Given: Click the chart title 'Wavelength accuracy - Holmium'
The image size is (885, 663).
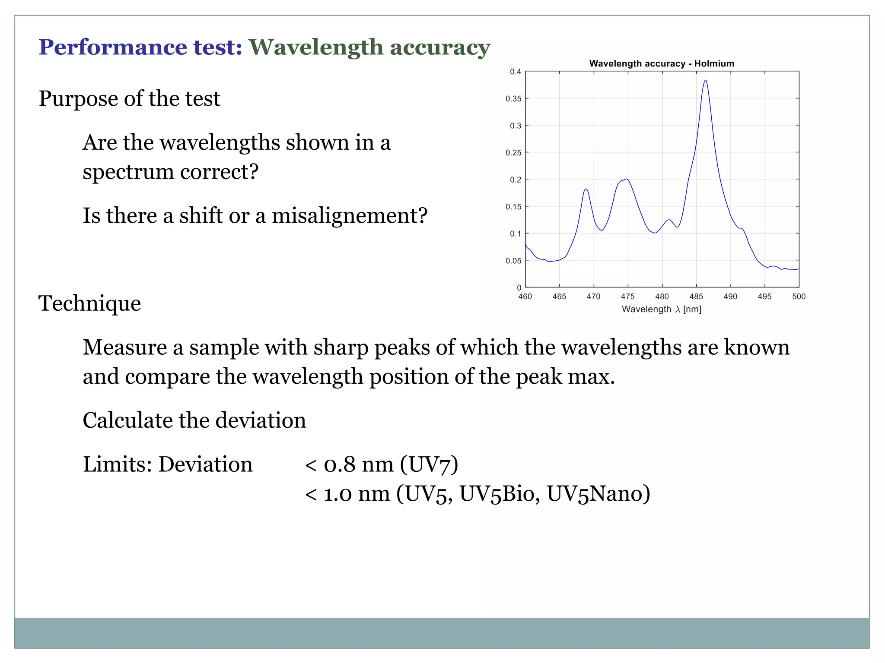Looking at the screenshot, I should coord(662,63).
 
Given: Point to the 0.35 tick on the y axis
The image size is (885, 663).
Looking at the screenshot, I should coord(513,99).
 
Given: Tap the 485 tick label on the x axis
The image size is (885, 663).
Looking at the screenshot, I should coord(696,297).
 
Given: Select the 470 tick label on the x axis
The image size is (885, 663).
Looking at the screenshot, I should coord(593,297).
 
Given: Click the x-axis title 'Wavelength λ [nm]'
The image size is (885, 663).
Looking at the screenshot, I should coord(661,309).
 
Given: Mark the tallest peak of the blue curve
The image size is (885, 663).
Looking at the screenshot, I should coord(705,81).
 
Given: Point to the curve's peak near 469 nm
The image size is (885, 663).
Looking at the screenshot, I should coord(586,189).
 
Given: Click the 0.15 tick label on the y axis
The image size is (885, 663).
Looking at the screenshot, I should coord(513,207).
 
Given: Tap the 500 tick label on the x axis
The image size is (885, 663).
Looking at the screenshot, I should coord(799,297).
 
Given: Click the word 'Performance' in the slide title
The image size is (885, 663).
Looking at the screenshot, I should coord(112,47).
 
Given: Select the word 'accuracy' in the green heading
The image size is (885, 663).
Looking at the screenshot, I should coord(440,47).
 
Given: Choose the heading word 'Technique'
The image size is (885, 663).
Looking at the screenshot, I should coord(90,303).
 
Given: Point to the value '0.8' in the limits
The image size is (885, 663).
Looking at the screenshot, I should coord(340,464).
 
